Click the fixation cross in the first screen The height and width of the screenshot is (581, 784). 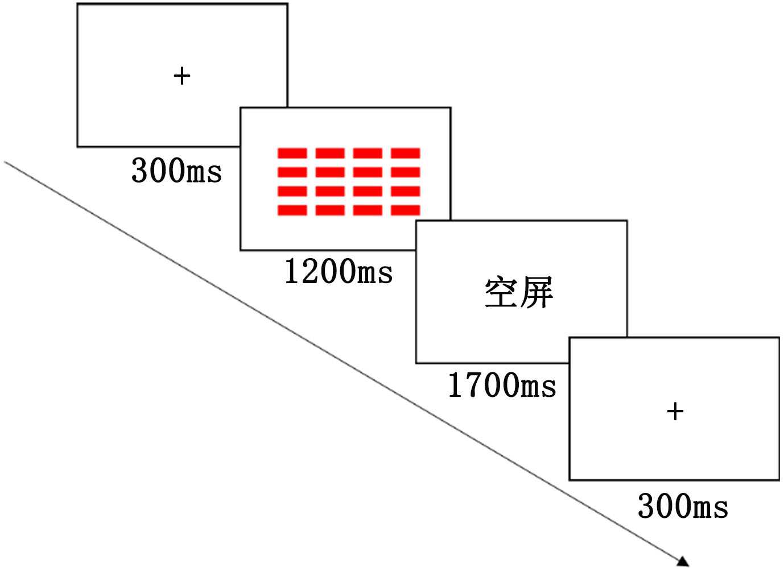click(x=181, y=76)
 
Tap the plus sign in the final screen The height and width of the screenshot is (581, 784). click(x=675, y=411)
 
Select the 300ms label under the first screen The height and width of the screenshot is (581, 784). click(x=176, y=170)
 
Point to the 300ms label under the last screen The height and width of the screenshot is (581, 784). click(x=683, y=506)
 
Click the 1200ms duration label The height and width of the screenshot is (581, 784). click(x=339, y=271)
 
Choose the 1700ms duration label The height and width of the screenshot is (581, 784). click(x=502, y=385)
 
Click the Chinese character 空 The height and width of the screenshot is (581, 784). click(x=501, y=293)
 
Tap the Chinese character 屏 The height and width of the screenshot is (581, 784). click(x=537, y=293)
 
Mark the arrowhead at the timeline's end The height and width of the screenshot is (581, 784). click(x=683, y=562)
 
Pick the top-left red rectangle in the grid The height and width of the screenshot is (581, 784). click(x=292, y=153)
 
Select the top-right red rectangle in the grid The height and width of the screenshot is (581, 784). click(x=406, y=153)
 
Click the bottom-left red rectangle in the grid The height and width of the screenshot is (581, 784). click(x=292, y=210)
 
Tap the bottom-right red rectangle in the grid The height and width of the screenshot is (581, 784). click(x=406, y=210)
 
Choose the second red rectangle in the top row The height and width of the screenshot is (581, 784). click(x=330, y=153)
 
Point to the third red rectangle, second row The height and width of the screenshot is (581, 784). click(x=368, y=172)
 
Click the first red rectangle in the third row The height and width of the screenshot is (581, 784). click(x=292, y=192)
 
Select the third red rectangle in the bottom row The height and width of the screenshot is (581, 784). click(x=368, y=210)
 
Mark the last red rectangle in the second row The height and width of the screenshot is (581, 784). click(x=406, y=172)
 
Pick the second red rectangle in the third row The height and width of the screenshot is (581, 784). click(x=330, y=192)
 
